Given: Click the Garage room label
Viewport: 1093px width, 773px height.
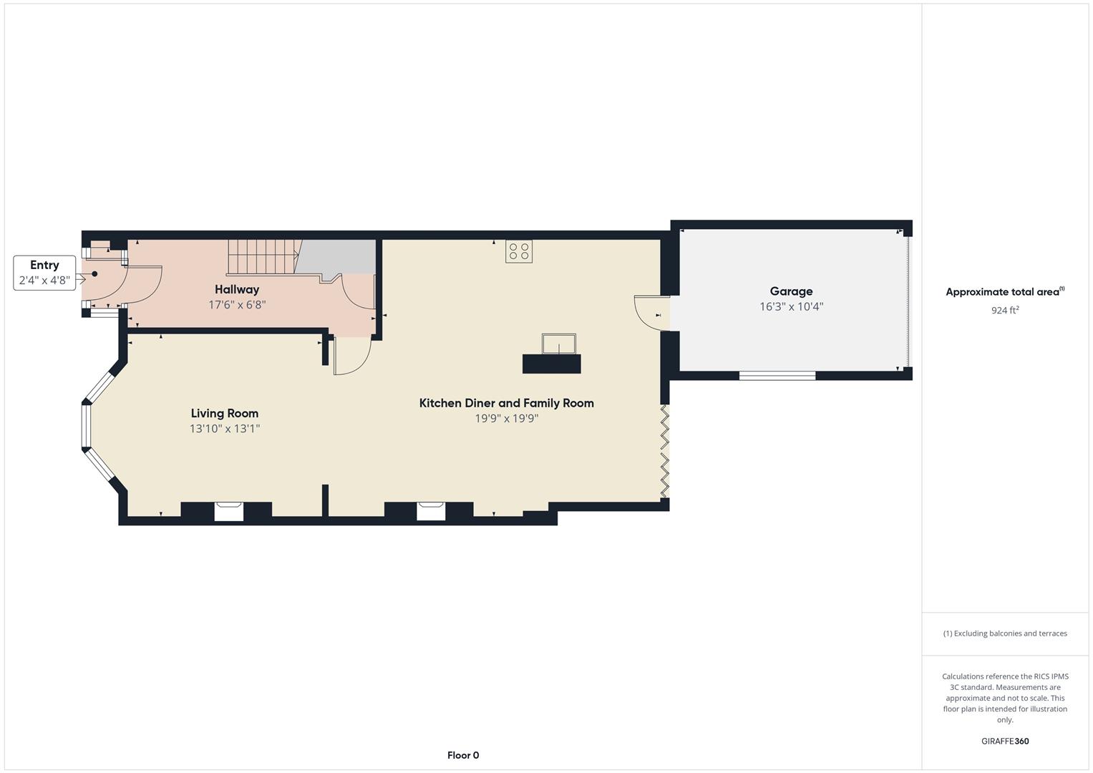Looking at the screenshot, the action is [791, 291].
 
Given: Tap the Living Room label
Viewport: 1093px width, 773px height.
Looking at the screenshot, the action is [225, 414].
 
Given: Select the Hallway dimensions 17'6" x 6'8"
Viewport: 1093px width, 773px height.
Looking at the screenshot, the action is [237, 305].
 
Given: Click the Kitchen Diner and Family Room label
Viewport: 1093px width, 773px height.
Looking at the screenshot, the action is [507, 403].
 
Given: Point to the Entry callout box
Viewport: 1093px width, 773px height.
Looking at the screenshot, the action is [44, 273].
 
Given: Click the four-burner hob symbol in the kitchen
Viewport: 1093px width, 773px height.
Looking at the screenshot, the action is [519, 251].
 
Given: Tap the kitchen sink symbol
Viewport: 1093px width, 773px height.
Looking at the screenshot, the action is [559, 344].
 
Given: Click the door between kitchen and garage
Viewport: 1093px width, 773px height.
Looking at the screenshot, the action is [652, 313].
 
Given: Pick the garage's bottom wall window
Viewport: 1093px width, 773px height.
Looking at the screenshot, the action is [777, 375].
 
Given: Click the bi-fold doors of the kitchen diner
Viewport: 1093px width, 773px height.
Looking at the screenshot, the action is [664, 451].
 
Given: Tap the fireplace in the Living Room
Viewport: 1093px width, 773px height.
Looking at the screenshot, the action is [229, 512].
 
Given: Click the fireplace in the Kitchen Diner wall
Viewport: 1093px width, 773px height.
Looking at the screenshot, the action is [431, 512].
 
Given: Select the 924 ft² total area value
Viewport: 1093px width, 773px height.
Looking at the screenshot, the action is [1005, 311].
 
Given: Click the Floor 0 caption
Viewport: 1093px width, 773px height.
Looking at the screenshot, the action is [463, 755].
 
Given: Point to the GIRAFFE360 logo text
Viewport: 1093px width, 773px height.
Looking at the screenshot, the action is [1005, 742].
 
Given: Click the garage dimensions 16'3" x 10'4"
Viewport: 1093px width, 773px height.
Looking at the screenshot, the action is [791, 307].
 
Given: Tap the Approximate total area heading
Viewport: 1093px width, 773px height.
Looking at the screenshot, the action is [1005, 292].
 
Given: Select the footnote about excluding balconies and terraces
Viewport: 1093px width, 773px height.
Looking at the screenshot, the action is [1005, 633].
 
